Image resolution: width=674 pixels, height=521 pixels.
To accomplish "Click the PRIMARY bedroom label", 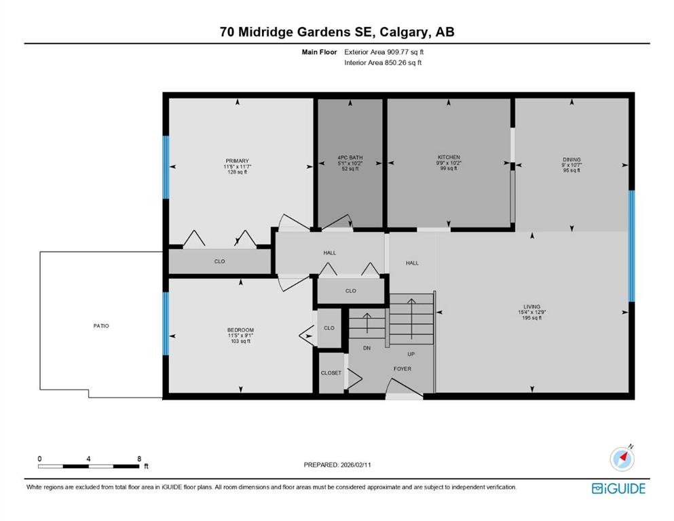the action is [x=238, y=161].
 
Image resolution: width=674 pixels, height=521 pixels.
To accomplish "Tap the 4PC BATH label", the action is [x=350, y=157].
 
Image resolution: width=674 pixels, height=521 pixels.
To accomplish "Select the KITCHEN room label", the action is [x=449, y=157].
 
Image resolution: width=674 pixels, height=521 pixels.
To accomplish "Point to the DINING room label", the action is [x=572, y=159].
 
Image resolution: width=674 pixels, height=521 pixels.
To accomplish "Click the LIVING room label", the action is [x=531, y=307].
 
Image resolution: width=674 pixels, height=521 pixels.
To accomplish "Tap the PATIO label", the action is [x=101, y=326].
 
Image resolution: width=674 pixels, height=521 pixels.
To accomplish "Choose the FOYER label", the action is [x=402, y=369].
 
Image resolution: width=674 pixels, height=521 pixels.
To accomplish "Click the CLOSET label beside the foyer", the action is [x=331, y=373].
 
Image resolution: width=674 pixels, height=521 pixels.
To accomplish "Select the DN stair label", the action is [x=367, y=348].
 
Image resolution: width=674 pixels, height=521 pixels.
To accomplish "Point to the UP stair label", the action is [x=411, y=354].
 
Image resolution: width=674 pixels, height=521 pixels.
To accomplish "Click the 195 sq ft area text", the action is [x=531, y=318].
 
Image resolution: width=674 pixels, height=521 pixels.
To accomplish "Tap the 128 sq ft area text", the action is [x=238, y=172].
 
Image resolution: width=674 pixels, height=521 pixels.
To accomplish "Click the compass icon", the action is [x=622, y=459].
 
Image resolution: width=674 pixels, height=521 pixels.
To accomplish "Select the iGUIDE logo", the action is [x=618, y=489].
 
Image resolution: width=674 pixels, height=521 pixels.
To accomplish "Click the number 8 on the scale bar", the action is [x=139, y=459].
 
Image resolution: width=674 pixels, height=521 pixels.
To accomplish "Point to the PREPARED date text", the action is [x=337, y=465].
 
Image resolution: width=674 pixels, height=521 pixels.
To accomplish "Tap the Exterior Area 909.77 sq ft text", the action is [x=384, y=52].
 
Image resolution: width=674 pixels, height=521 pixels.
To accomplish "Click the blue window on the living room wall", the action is [x=631, y=246].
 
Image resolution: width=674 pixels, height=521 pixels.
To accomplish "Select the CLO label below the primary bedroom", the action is [x=220, y=262].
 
